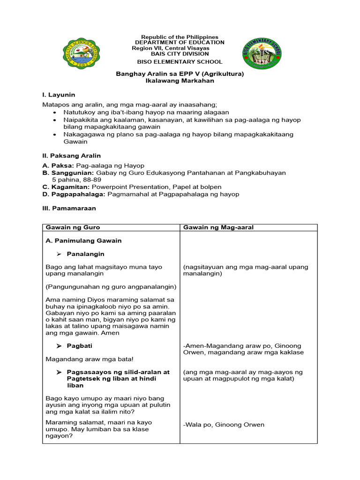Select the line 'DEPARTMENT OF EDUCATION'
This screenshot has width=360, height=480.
[180, 43]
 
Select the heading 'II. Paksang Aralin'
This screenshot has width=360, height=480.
[71, 156]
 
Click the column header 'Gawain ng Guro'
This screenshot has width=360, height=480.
[73, 227]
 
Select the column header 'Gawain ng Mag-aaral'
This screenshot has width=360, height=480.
[218, 227]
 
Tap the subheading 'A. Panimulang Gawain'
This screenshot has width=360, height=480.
[83, 240]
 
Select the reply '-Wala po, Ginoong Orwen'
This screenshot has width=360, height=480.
[224, 425]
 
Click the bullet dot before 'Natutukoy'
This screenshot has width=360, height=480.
[55, 113]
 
